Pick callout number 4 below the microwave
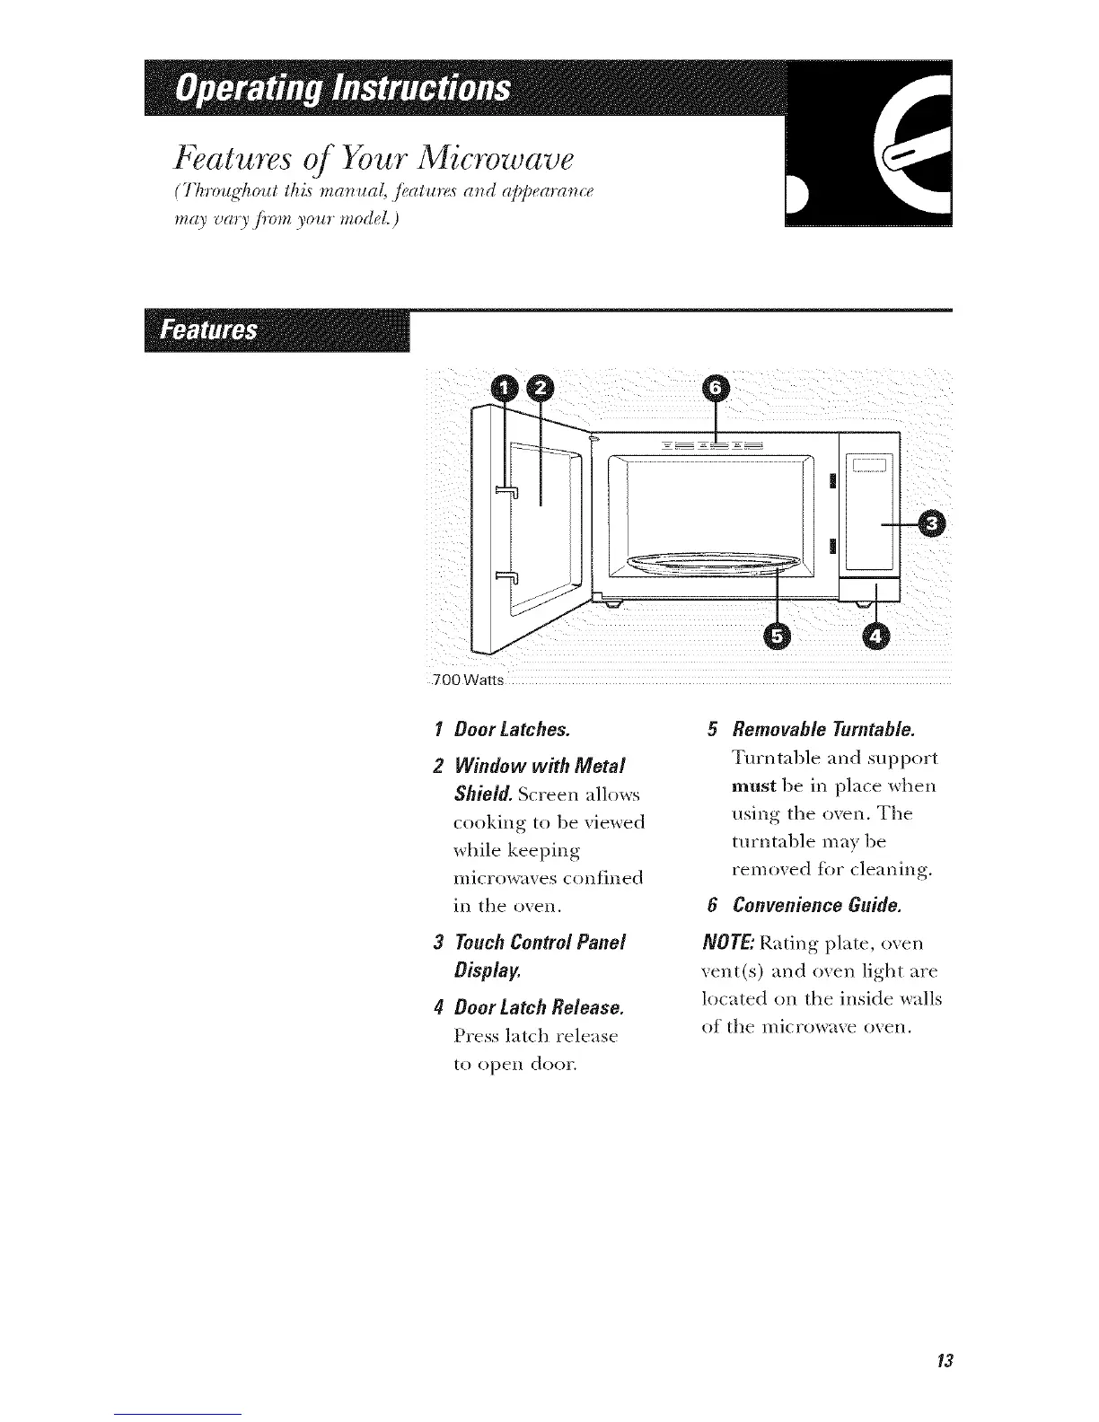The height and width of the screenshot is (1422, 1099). tap(876, 636)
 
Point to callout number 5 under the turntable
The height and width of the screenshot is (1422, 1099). tap(778, 636)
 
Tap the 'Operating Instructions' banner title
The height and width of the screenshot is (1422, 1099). tap(345, 89)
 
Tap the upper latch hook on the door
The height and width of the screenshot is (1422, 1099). tap(506, 489)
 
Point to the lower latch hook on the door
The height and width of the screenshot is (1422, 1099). tap(506, 575)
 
